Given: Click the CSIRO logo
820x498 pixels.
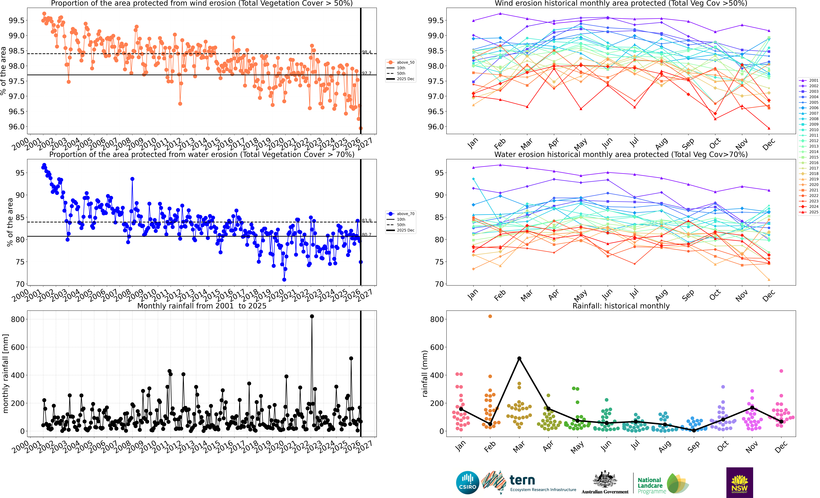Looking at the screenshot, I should click(x=468, y=482).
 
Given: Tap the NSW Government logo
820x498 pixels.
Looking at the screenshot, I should click(x=739, y=482).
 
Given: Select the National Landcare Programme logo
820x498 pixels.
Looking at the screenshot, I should click(x=662, y=484).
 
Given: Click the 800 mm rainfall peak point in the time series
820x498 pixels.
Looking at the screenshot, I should click(x=312, y=316).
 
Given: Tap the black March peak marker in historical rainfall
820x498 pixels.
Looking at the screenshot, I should click(x=519, y=358).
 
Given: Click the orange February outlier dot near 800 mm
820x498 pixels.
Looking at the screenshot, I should click(x=490, y=316).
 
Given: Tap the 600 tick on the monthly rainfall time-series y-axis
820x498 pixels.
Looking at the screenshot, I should click(x=18, y=347).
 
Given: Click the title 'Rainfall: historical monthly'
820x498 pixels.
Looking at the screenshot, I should click(x=621, y=306).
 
